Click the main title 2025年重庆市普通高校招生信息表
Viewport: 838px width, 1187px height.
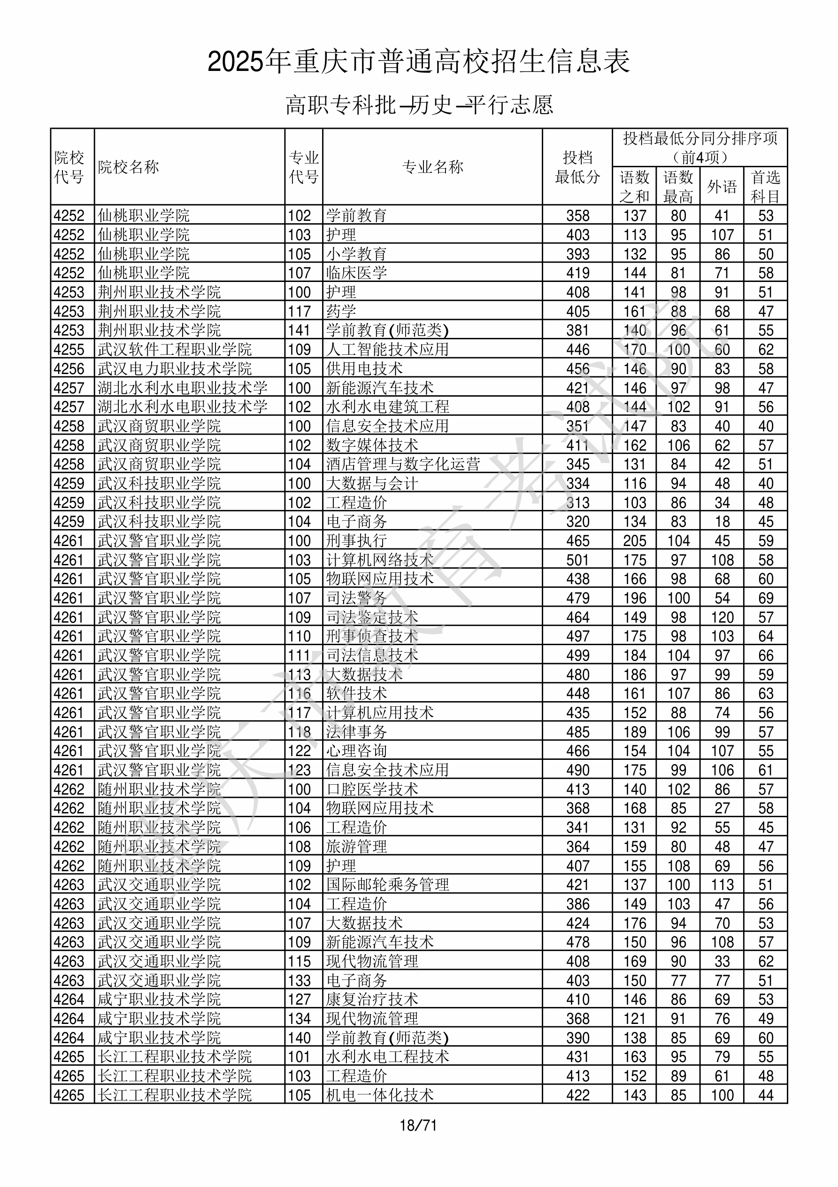(x=418, y=62)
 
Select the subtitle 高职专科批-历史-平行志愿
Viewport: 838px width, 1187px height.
(x=419, y=105)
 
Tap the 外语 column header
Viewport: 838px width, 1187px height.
(x=722, y=186)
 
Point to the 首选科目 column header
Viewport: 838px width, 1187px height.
(x=765, y=186)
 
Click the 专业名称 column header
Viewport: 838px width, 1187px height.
(x=432, y=167)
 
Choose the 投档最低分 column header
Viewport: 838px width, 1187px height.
(x=577, y=167)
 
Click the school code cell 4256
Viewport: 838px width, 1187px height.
(x=69, y=368)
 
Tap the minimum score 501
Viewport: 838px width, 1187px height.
(x=577, y=560)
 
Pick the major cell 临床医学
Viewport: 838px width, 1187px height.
(x=356, y=273)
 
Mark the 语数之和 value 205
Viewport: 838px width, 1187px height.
(x=634, y=541)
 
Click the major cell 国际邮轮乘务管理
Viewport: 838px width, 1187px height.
(x=387, y=884)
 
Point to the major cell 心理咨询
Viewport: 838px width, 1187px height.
(x=356, y=750)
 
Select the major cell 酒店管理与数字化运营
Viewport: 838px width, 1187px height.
(x=403, y=464)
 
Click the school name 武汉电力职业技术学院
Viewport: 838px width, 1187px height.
(x=175, y=368)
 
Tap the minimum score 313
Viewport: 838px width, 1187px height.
(x=577, y=502)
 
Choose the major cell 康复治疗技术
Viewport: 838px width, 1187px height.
(x=372, y=1000)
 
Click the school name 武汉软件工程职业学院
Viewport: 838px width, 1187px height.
(x=175, y=350)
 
